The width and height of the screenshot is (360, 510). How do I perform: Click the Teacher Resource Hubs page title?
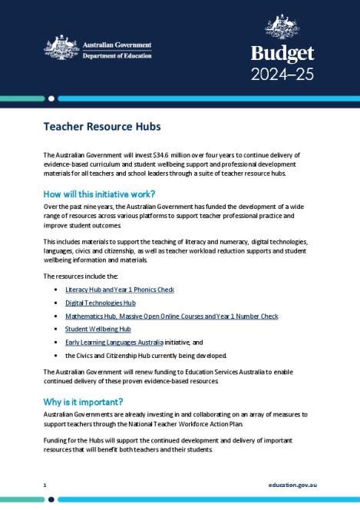coord(101,126)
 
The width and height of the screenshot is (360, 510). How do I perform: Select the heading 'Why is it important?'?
coord(83,402)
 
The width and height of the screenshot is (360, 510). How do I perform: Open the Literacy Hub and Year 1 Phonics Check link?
coord(119,290)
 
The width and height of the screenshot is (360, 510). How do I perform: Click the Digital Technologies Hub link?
coord(100,303)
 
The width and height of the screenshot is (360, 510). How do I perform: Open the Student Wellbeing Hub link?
coord(97,329)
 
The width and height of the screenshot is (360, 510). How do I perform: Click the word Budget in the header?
coord(282,54)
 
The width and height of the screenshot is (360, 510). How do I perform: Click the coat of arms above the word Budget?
coord(282,25)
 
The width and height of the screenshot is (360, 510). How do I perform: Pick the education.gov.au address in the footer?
coord(293,485)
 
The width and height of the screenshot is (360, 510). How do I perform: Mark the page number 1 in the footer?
coord(45,485)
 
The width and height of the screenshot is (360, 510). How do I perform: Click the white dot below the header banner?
coord(51,98)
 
